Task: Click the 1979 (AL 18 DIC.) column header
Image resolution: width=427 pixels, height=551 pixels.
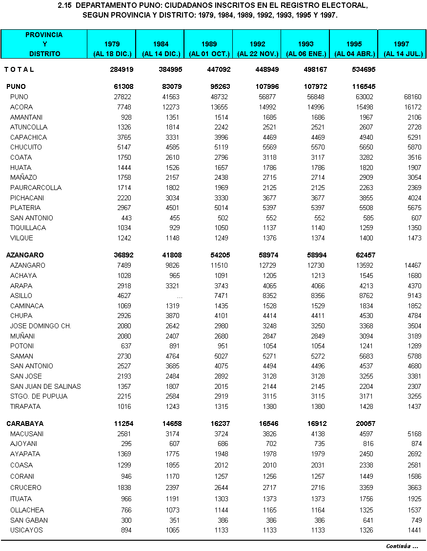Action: pos(111,49)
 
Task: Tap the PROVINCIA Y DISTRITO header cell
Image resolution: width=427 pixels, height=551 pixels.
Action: pos(44,44)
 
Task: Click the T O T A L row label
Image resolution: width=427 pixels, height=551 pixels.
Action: pos(20,69)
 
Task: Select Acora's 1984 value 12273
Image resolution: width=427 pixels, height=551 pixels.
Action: pos(169,107)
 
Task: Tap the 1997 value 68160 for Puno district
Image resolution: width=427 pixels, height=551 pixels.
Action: pos(410,97)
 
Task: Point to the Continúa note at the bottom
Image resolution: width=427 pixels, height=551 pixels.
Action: pos(402,546)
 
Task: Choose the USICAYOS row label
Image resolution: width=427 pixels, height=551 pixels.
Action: pos(26,530)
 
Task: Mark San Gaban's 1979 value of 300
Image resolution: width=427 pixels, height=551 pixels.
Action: pos(126,520)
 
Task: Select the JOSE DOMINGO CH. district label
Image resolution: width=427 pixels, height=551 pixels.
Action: pos(41,326)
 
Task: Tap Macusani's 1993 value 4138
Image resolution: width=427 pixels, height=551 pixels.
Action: pos(314,434)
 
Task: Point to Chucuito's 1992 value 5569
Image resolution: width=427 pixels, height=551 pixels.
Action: pos(267,147)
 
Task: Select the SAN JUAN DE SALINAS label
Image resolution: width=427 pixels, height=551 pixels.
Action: pos(45,386)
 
